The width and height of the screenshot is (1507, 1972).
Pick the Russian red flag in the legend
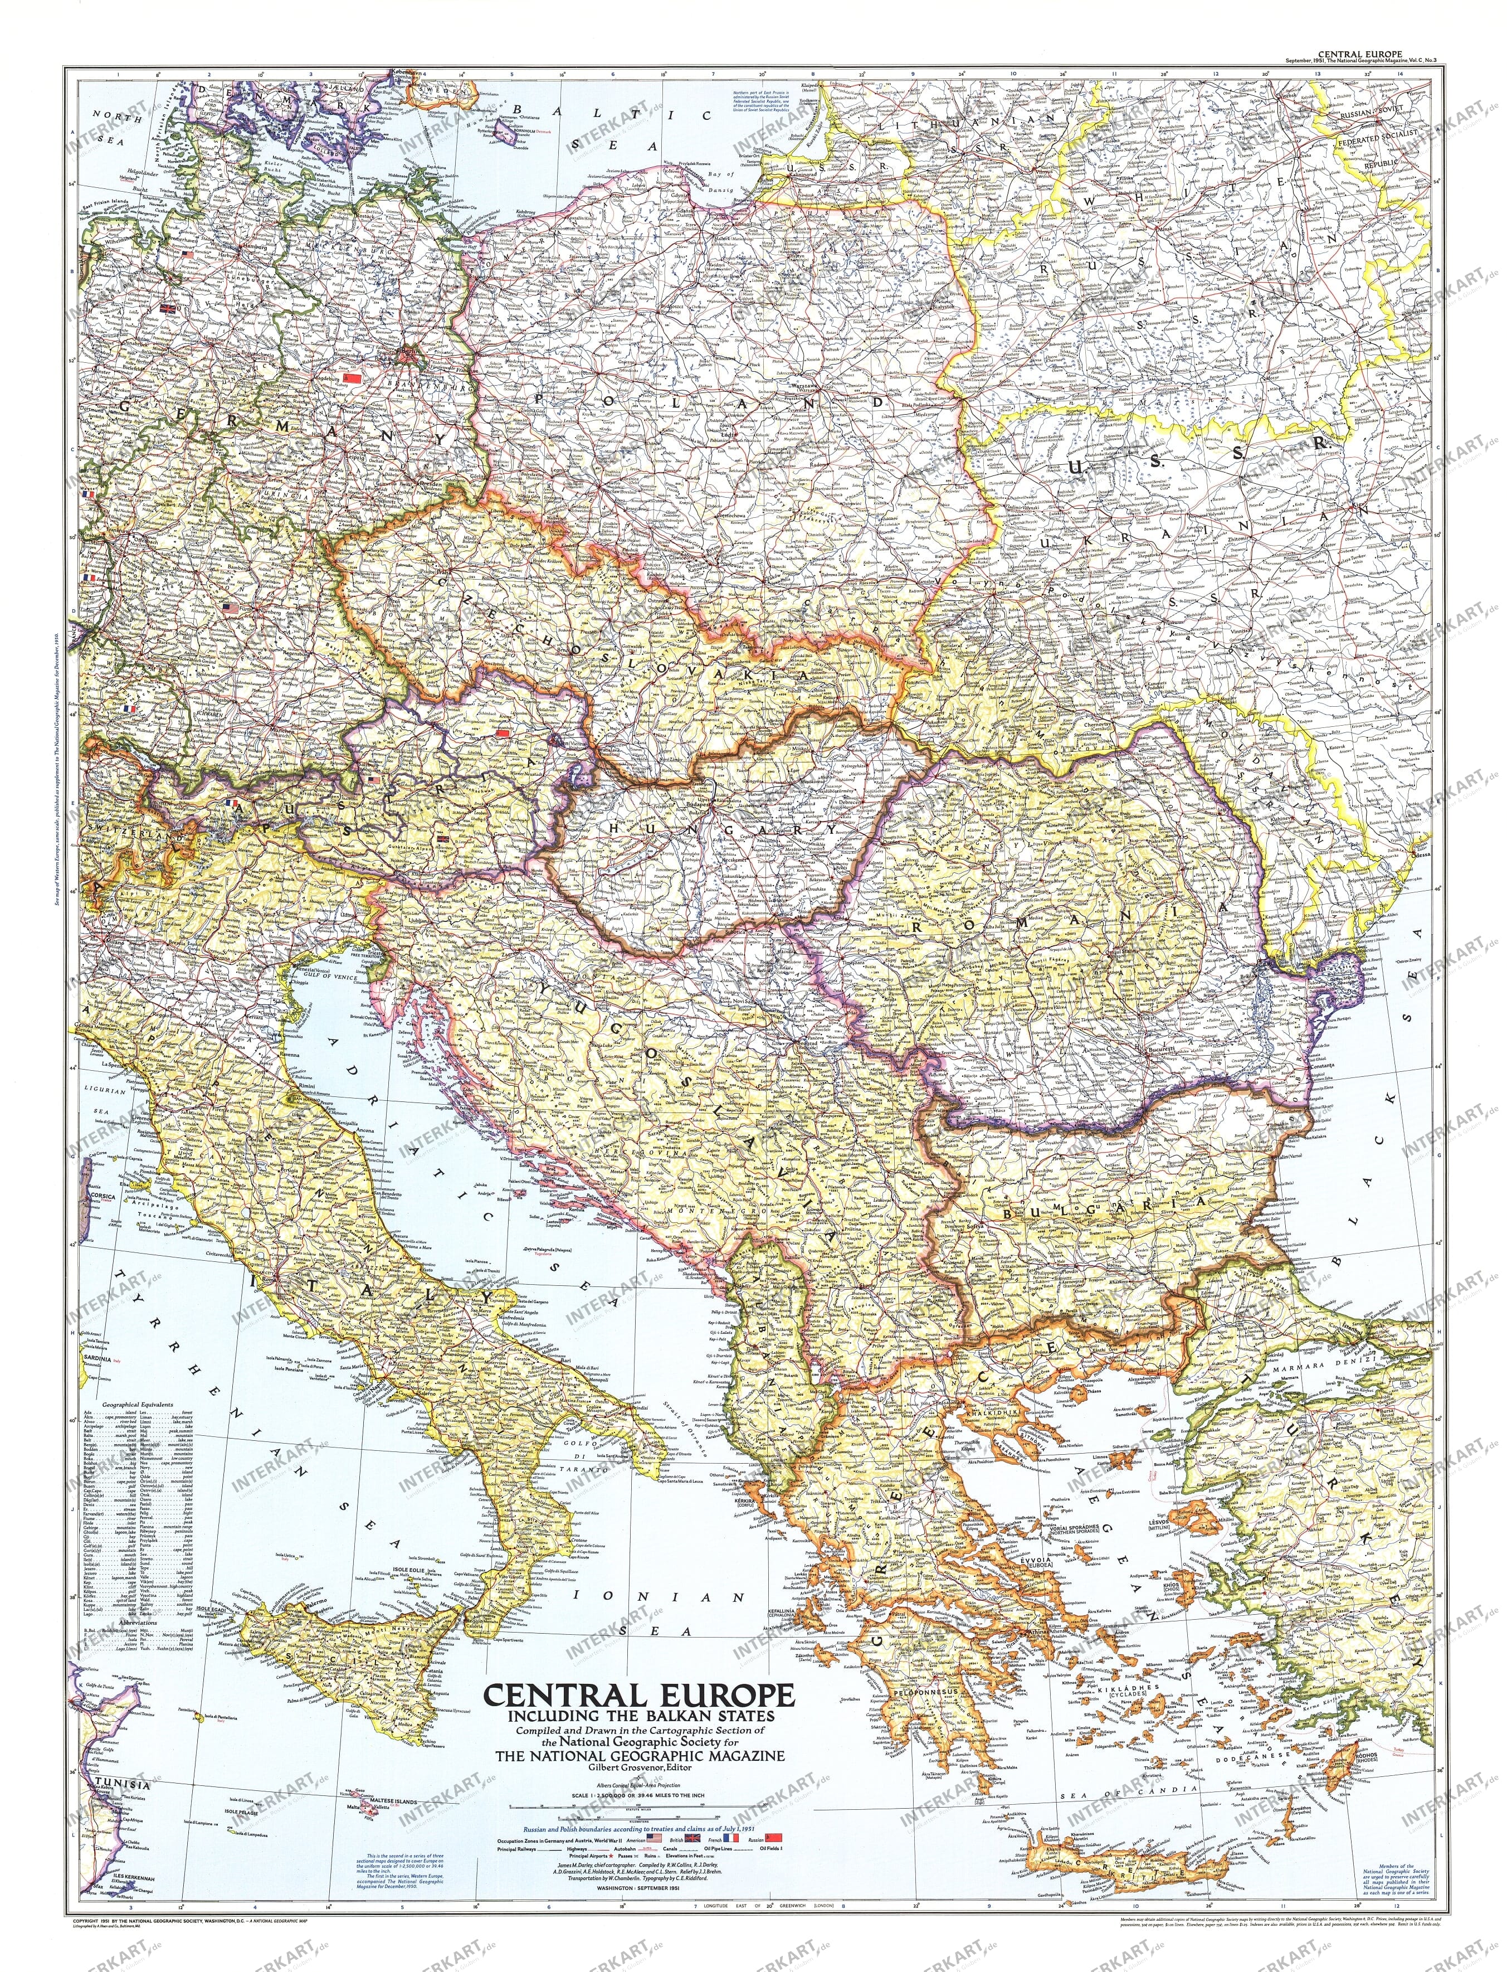click(x=773, y=1838)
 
